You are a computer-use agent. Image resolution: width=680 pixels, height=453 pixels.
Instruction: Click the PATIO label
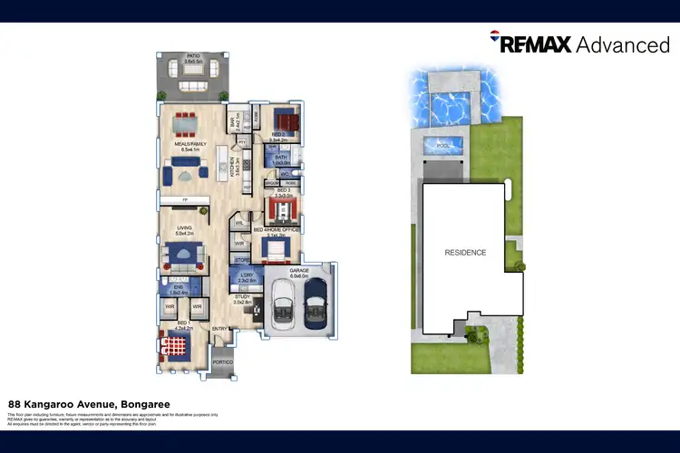pyautogui.click(x=193, y=55)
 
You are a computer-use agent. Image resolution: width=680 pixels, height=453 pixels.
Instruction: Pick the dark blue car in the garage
pyautogui.click(x=316, y=304)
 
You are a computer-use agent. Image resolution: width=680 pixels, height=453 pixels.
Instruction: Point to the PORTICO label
pyautogui.click(x=222, y=362)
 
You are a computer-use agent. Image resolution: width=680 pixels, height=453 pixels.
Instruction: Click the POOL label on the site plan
pyautogui.click(x=442, y=145)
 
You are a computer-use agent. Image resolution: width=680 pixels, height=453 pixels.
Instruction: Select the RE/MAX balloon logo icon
pyautogui.click(x=494, y=38)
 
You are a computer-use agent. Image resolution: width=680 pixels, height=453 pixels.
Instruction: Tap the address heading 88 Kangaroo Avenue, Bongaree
pyautogui.click(x=89, y=404)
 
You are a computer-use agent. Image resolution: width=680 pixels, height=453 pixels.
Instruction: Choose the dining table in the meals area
pyautogui.click(x=188, y=118)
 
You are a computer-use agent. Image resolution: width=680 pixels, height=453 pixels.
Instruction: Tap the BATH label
pyautogui.click(x=281, y=159)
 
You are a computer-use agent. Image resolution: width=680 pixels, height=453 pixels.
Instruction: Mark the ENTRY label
pyautogui.click(x=219, y=328)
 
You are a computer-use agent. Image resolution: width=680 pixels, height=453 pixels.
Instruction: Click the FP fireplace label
pyautogui.click(x=185, y=200)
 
